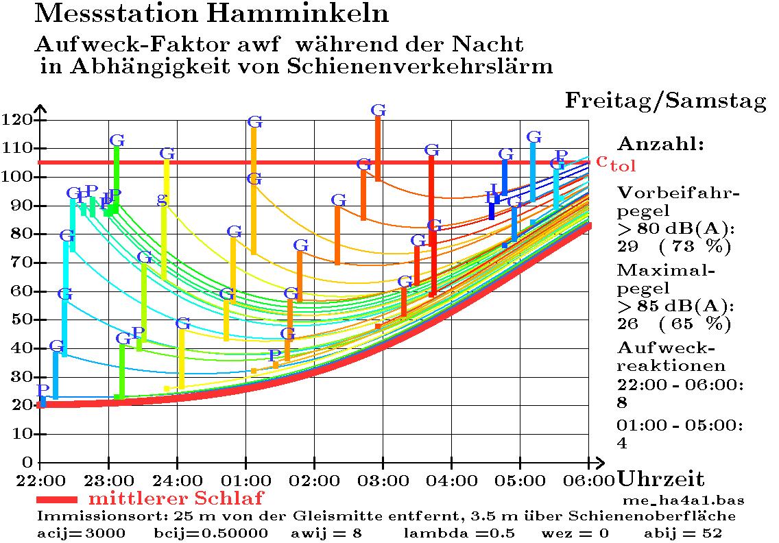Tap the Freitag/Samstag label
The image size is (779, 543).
[665, 101]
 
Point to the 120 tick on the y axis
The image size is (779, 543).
[18, 120]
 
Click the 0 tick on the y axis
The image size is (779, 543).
[28, 462]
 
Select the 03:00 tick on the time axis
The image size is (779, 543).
[383, 478]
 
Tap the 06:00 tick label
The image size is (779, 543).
[588, 478]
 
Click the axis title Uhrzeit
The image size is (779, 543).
[660, 479]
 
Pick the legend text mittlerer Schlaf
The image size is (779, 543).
[176, 497]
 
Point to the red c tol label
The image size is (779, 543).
[615, 162]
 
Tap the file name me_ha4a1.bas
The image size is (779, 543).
[683, 500]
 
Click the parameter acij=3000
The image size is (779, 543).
[81, 533]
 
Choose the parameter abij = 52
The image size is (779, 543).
[682, 533]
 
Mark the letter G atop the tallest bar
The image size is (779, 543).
[378, 110]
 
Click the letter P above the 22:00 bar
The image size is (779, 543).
[42, 389]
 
